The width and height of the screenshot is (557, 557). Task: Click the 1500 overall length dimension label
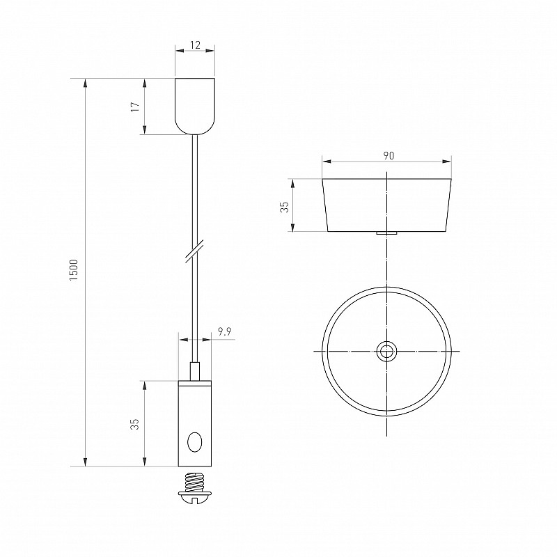(x=74, y=270)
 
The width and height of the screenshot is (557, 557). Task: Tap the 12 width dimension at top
(x=195, y=45)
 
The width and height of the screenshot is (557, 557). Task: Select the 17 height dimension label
(x=135, y=107)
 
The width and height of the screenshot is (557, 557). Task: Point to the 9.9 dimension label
(x=224, y=332)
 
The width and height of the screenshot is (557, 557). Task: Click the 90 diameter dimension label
(x=389, y=155)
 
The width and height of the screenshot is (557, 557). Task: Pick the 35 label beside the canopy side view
(x=285, y=207)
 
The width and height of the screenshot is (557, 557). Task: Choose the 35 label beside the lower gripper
(x=135, y=424)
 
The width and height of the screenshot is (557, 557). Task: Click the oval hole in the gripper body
(x=195, y=442)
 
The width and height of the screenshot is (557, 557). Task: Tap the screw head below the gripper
(x=195, y=496)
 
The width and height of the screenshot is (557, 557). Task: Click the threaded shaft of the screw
(x=195, y=482)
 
